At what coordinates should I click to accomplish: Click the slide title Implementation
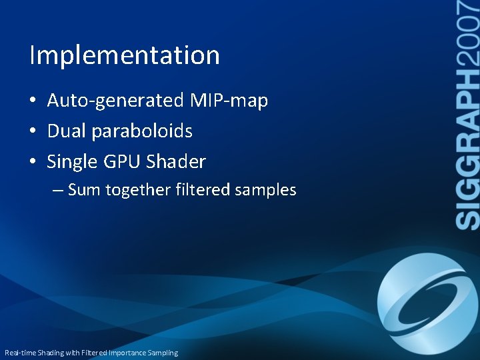pyautogui.click(x=125, y=55)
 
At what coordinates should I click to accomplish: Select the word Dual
pyautogui.click(x=67, y=131)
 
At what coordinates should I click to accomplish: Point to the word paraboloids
pyautogui.click(x=142, y=131)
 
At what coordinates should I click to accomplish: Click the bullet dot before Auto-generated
pyautogui.click(x=32, y=101)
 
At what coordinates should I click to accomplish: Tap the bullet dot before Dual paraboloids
pyautogui.click(x=32, y=132)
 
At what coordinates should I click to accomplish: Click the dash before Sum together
pyautogui.click(x=58, y=191)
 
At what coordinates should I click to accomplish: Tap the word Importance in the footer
pyautogui.click(x=131, y=353)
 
